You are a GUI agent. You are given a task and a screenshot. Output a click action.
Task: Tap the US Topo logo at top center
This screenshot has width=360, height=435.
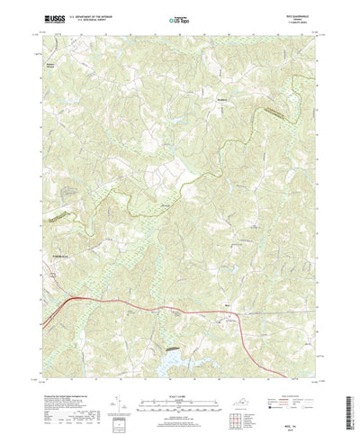click(179, 17)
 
